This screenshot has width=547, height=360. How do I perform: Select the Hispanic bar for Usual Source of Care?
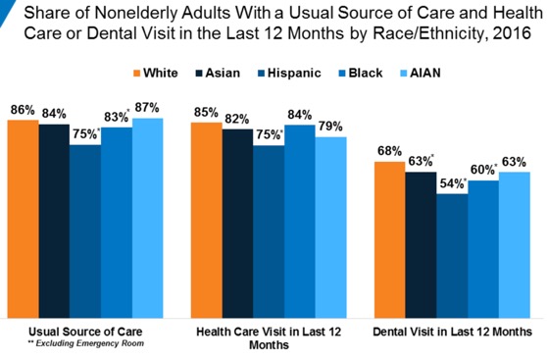pos(85,231)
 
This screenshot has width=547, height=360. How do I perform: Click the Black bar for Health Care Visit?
pos(300,221)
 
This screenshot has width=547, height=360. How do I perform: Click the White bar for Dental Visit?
pos(390,239)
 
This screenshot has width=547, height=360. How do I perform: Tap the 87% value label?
pos(149,106)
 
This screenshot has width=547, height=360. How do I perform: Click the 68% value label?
pos(389,149)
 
